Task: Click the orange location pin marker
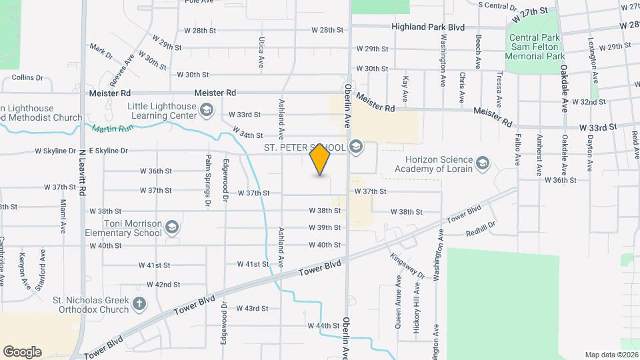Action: pyautogui.click(x=320, y=159)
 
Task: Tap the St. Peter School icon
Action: pyautogui.click(x=356, y=147)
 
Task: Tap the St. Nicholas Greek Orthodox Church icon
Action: pyautogui.click(x=139, y=305)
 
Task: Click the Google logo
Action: pyautogui.click(x=23, y=351)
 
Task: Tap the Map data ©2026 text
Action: pyautogui.click(x=611, y=355)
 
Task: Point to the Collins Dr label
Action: pyautogui.click(x=32, y=78)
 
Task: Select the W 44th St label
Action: pyautogui.click(x=324, y=325)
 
